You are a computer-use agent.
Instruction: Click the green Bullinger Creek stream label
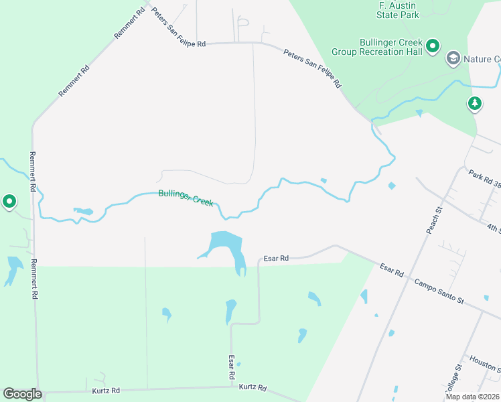point(186,198)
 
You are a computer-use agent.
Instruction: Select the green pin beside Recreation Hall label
point(433,46)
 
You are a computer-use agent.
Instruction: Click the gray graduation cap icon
point(453,59)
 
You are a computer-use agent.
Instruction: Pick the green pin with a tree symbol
point(474,103)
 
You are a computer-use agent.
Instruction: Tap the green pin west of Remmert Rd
point(9,200)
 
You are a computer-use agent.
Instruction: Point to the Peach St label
point(435,220)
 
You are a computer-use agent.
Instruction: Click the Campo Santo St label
point(439,291)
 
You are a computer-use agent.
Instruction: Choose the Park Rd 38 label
point(484,178)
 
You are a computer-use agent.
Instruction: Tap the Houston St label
point(484,362)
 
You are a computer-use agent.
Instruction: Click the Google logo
point(22,394)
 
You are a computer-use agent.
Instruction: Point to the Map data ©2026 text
point(473,397)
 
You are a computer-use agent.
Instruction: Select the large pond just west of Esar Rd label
point(226,243)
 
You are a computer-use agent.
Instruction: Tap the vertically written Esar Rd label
point(231,369)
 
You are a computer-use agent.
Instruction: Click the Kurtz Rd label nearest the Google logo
point(106,390)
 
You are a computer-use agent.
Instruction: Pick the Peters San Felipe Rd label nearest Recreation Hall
point(312,68)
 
